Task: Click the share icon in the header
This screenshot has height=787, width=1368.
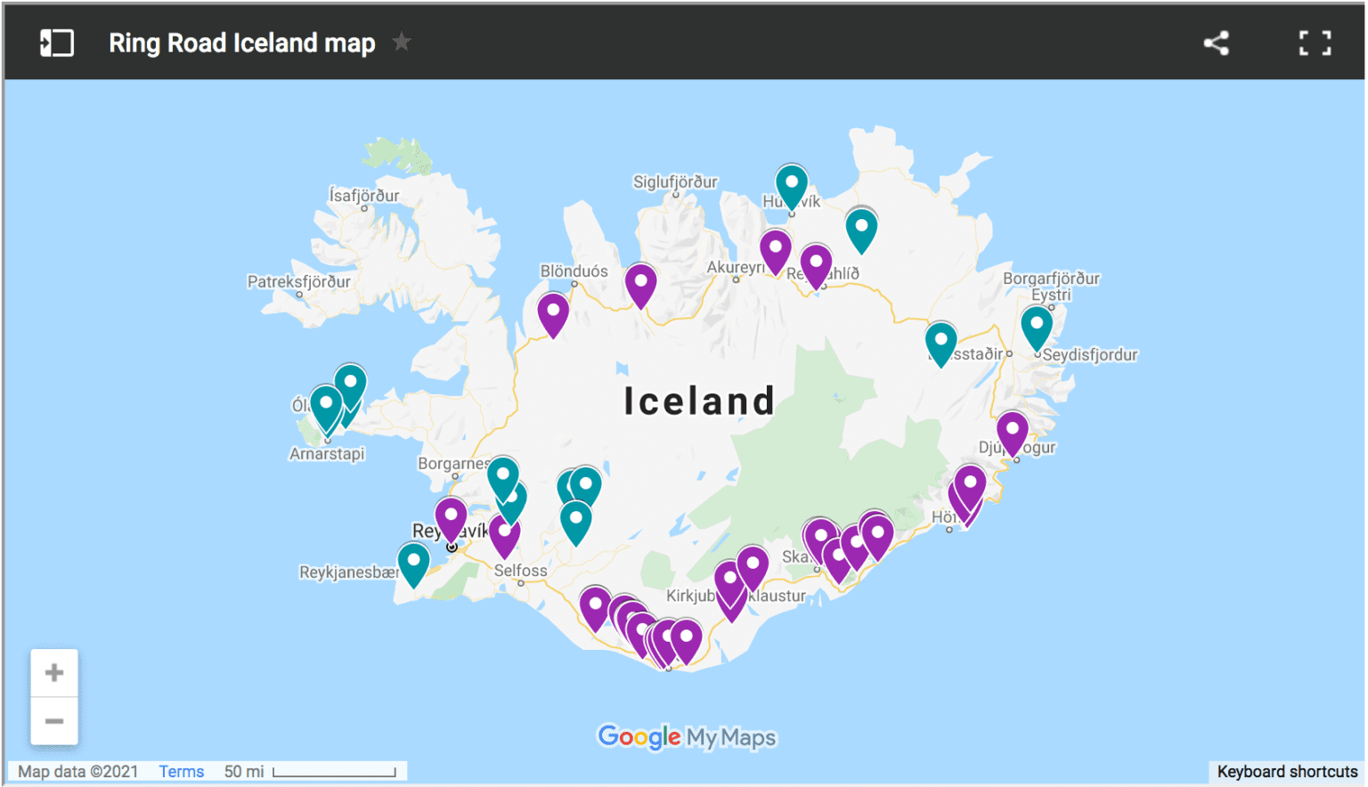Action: click(x=1216, y=43)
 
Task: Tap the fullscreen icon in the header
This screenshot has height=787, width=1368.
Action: click(x=1315, y=43)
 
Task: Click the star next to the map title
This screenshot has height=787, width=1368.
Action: click(x=402, y=42)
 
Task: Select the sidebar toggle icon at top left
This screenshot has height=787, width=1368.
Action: click(x=56, y=43)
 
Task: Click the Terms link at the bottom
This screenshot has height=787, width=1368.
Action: click(x=181, y=771)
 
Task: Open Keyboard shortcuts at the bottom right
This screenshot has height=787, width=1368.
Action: click(x=1287, y=771)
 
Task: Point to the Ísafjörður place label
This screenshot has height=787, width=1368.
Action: click(x=363, y=195)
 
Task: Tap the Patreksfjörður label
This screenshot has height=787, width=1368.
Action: click(x=298, y=281)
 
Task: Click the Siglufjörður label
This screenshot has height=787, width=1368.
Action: click(x=674, y=182)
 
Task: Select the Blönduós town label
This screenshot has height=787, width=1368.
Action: click(x=574, y=271)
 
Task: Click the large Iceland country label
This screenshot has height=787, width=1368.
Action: click(x=699, y=401)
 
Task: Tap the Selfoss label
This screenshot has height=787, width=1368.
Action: click(x=520, y=571)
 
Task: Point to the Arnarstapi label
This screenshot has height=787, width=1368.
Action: click(x=327, y=453)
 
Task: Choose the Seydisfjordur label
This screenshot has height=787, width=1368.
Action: click(x=1090, y=354)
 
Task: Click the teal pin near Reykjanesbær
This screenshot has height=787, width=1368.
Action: click(x=413, y=561)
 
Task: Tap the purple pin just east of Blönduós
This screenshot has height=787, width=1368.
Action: click(x=640, y=282)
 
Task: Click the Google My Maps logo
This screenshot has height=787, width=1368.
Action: click(x=687, y=737)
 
